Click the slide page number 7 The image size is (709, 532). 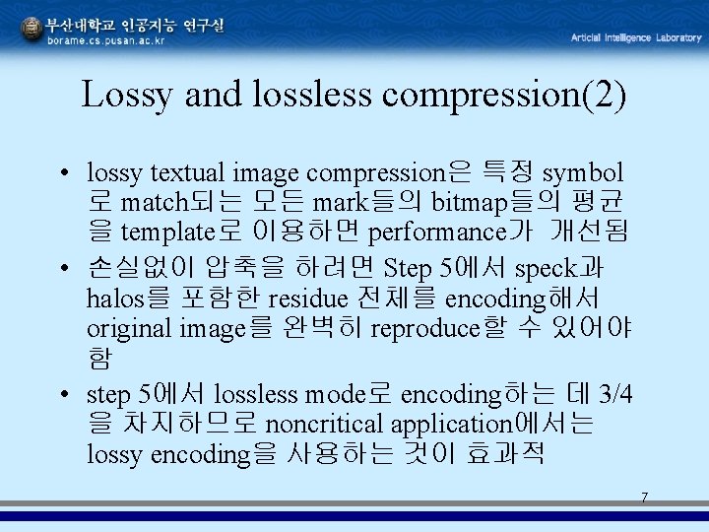[644, 498]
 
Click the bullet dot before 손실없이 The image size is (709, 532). [62, 268]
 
